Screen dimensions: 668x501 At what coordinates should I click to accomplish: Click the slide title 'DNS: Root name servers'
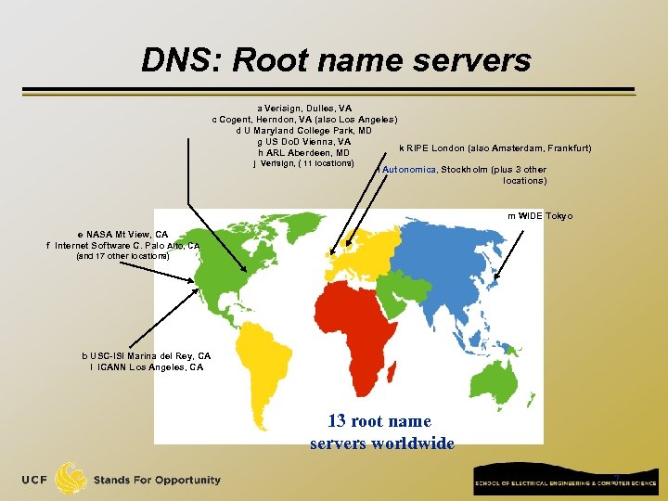click(336, 60)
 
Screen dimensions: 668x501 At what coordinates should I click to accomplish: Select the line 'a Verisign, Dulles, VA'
click(304, 109)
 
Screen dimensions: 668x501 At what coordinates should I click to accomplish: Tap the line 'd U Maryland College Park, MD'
click(304, 131)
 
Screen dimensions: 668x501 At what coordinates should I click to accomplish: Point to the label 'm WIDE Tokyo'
click(540, 216)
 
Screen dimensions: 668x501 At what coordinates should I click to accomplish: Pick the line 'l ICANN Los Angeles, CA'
click(148, 367)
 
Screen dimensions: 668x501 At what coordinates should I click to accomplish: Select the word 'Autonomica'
click(409, 170)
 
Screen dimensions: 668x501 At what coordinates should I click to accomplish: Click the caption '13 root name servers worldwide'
click(382, 432)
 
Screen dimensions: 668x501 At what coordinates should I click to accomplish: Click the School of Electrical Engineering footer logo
click(567, 481)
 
